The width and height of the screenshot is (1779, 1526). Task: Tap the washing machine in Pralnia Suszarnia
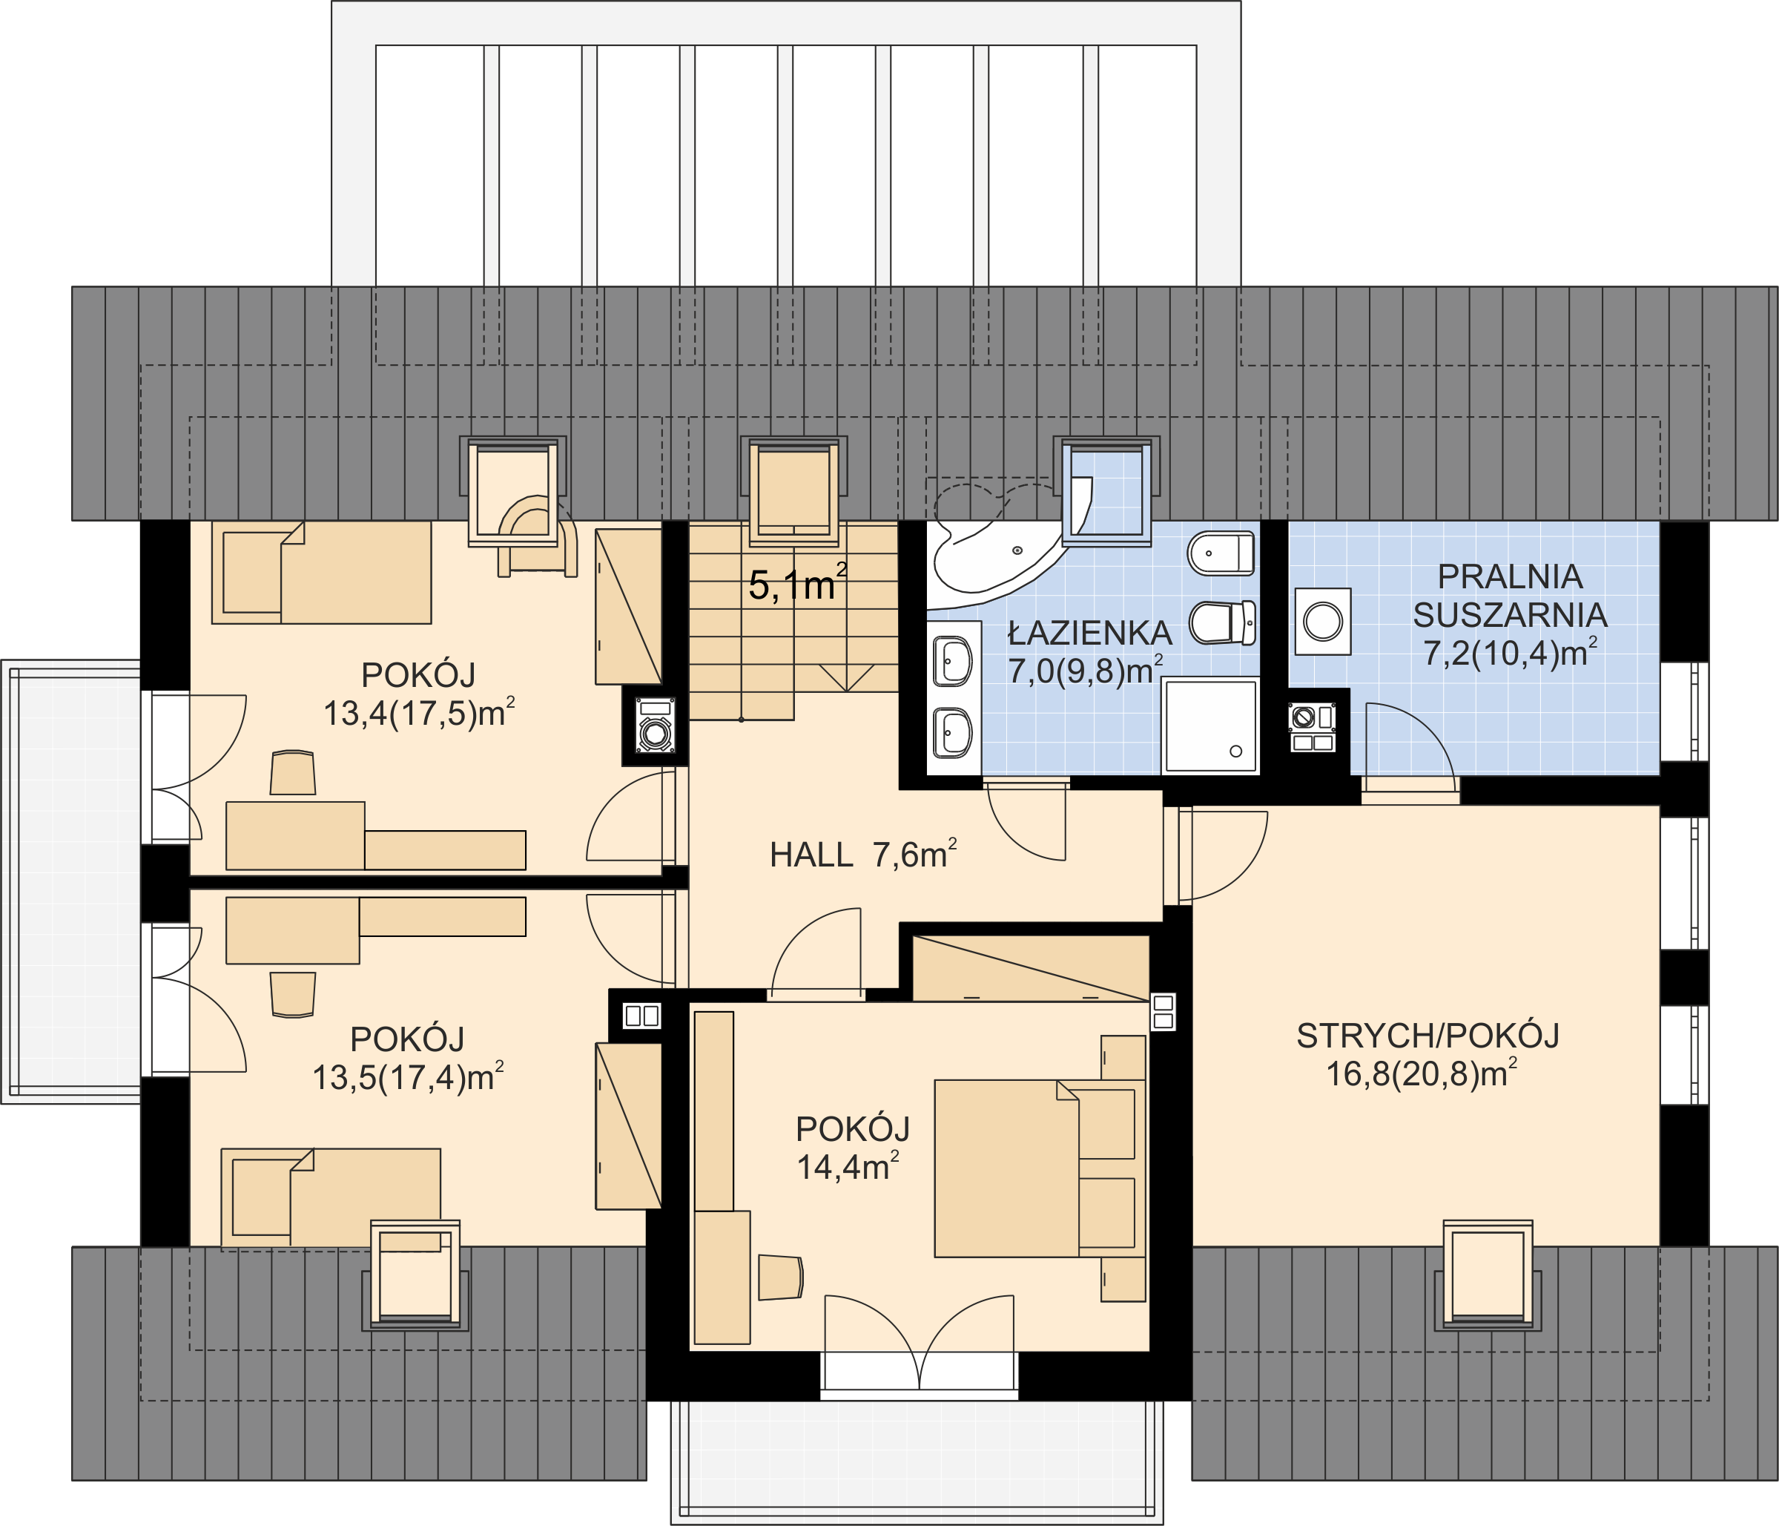[x=1322, y=621]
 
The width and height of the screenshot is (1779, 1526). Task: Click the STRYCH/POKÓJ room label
[x=1427, y=1036]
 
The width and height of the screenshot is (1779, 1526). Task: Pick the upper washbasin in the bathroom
[x=952, y=662]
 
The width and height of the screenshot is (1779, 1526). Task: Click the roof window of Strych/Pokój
[x=1487, y=1274]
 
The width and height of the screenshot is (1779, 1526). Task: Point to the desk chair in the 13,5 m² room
[x=293, y=994]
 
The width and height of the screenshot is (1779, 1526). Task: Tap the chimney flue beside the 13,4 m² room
[x=655, y=726]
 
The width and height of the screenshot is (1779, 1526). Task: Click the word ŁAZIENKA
[x=1089, y=634]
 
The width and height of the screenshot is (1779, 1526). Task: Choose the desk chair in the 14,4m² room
[x=779, y=1277]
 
